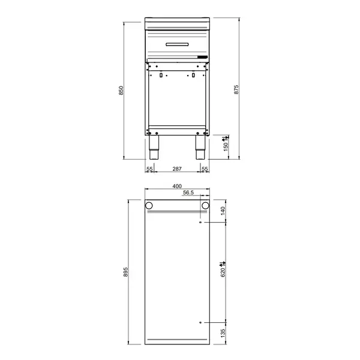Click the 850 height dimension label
click(x=121, y=91)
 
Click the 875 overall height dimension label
click(x=236, y=89)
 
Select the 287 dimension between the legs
click(x=177, y=169)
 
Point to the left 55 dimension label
click(x=149, y=169)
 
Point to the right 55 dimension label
click(x=205, y=169)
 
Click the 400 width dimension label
click(x=177, y=186)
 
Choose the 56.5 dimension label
click(x=188, y=193)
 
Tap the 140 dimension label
click(x=223, y=211)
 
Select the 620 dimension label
click(x=223, y=272)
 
